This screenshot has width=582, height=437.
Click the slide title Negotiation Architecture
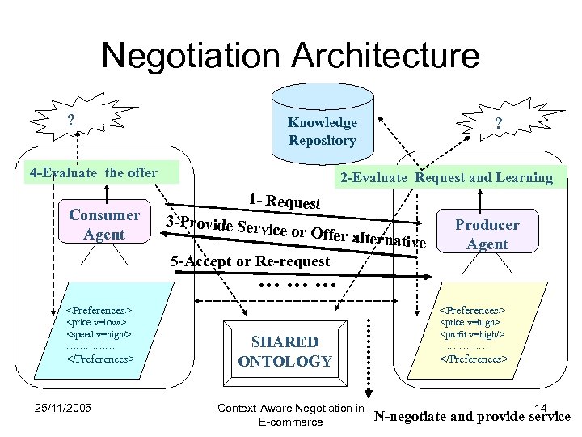pyautogui.click(x=290, y=56)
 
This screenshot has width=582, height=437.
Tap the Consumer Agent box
pyautogui.click(x=104, y=224)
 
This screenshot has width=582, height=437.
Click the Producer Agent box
pyautogui.click(x=487, y=234)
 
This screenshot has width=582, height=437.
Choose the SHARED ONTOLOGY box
pyautogui.click(x=285, y=351)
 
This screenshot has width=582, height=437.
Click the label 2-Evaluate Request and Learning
pyautogui.click(x=447, y=177)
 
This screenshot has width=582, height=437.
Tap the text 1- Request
pyautogui.click(x=285, y=202)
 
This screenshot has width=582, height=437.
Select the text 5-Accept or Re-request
pyautogui.click(x=251, y=261)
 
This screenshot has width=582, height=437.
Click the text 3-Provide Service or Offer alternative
pyautogui.click(x=295, y=231)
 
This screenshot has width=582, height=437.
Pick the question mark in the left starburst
pyautogui.click(x=71, y=119)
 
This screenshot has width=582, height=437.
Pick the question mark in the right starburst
pyautogui.click(x=499, y=123)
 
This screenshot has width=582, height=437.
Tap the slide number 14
pyautogui.click(x=541, y=407)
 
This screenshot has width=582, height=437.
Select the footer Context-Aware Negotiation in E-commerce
pyautogui.click(x=290, y=414)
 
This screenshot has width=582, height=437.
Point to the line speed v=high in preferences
pyautogui.click(x=98, y=333)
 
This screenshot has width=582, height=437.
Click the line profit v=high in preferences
pyautogui.click(x=471, y=333)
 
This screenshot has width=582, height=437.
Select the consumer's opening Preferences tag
pyautogui.click(x=99, y=309)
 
